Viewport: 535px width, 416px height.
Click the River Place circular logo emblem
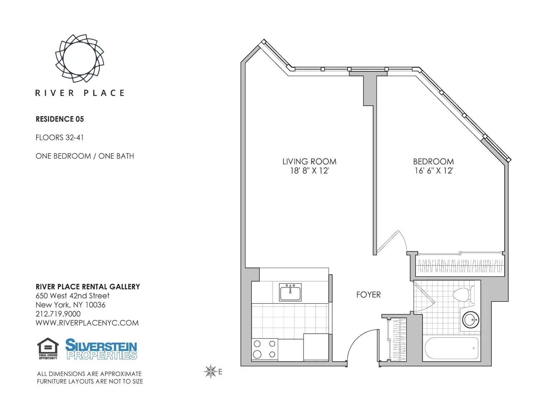(80, 58)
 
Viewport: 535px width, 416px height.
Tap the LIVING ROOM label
(309, 161)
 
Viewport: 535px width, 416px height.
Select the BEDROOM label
(433, 161)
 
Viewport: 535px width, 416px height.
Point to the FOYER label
(368, 295)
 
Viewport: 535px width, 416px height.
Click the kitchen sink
(290, 292)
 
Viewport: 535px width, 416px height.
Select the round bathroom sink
(470, 320)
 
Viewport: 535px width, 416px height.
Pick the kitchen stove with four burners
(265, 349)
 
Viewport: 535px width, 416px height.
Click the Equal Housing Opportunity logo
(48, 349)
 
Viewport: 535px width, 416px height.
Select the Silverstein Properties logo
(101, 349)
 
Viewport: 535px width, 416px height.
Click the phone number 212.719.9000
(58, 314)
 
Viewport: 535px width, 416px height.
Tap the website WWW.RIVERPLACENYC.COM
(87, 323)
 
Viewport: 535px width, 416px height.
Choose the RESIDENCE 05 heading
(60, 119)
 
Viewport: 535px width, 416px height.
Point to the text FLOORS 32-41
(60, 137)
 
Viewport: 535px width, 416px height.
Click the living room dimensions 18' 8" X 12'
(309, 171)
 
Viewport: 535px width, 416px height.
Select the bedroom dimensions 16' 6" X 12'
(433, 171)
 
